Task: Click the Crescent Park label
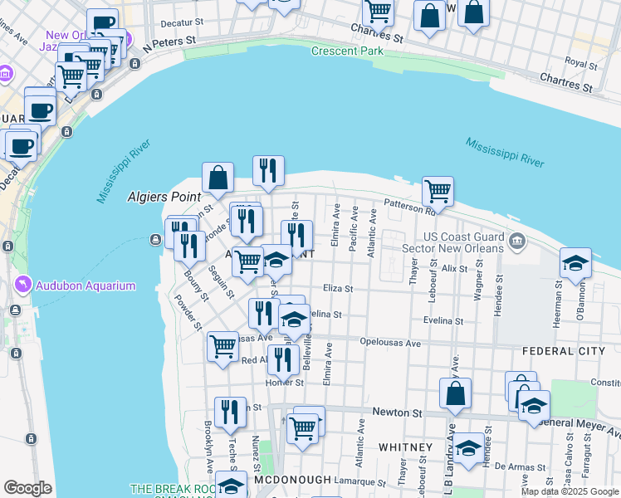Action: (x=347, y=51)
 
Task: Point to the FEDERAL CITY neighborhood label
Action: (x=564, y=351)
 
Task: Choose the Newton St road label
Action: (x=398, y=413)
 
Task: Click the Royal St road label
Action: (x=581, y=61)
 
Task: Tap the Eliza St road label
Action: (x=338, y=289)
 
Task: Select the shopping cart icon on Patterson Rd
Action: (x=438, y=191)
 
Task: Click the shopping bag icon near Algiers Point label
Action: (x=218, y=177)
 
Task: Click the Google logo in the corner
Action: (x=28, y=488)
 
